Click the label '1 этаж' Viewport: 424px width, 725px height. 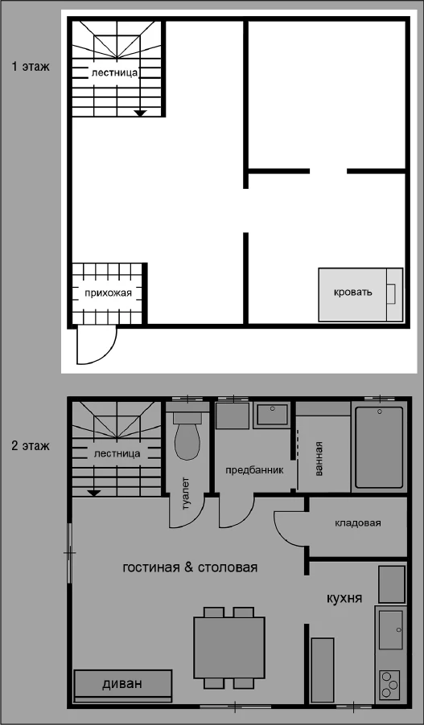click(31, 67)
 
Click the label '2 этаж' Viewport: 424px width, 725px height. click(31, 446)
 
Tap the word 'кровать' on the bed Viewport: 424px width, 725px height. click(353, 293)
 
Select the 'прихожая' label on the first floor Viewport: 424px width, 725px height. click(108, 293)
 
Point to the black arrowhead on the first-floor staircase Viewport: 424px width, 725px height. click(140, 113)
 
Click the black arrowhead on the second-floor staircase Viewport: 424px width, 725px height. click(94, 493)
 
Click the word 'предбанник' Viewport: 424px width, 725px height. click(254, 470)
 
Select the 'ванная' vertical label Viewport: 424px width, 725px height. click(318, 459)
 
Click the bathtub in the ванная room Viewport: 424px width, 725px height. click(379, 447)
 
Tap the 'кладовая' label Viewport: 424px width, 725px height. click(358, 523)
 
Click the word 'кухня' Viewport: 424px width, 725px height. click(344, 598)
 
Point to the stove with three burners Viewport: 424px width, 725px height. click(391, 686)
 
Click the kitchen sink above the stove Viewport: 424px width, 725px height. click(391, 629)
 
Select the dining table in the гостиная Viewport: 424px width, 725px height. click(229, 647)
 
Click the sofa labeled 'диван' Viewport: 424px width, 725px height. click(123, 686)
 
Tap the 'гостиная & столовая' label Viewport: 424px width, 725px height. click(190, 567)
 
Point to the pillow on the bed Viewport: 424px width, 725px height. click(391, 294)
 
